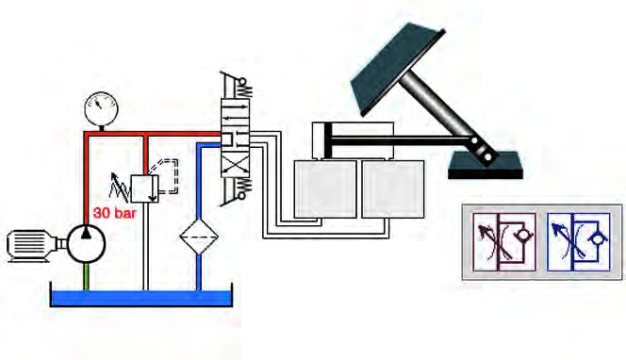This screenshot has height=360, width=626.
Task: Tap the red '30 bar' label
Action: tap(115, 213)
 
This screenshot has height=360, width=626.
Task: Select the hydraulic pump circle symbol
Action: tap(86, 243)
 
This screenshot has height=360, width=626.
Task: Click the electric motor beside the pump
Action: tap(33, 245)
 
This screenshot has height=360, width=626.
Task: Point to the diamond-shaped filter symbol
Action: tap(199, 237)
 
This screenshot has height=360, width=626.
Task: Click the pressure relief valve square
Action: tap(144, 188)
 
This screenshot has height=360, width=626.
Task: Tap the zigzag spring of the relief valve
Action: tap(120, 188)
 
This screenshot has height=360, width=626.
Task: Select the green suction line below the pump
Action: tap(86, 276)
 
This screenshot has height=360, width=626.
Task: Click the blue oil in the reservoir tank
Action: tap(141, 298)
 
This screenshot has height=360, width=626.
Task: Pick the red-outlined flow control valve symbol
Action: tap(503, 242)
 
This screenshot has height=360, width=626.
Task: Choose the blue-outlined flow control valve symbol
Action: tap(578, 242)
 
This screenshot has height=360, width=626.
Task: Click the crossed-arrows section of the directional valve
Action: tap(236, 164)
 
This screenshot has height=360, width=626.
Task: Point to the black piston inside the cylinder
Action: tap(328, 140)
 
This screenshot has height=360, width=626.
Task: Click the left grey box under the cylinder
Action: tap(325, 189)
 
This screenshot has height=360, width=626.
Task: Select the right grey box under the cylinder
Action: tap(392, 189)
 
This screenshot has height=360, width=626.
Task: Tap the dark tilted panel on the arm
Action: tap(397, 70)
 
